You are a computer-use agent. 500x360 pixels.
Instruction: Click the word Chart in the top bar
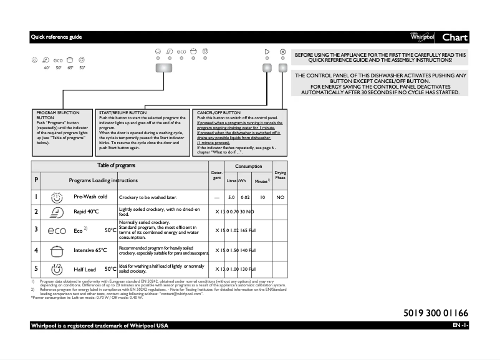[454, 37]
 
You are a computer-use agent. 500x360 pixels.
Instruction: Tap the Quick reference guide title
[56, 37]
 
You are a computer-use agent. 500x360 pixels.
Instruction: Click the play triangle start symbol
[267, 52]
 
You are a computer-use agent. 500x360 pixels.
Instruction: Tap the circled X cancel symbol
[283, 52]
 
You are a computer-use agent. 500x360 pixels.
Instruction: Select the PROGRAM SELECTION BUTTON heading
[50, 115]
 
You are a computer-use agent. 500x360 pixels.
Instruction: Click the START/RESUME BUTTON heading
[118, 113]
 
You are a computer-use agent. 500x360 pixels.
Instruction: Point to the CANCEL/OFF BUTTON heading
[219, 113]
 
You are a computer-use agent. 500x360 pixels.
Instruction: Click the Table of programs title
[116, 165]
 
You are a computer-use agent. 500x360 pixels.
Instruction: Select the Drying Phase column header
[280, 175]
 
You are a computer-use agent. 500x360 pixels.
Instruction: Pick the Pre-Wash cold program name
[90, 197]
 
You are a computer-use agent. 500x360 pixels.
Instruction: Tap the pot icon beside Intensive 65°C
[57, 251]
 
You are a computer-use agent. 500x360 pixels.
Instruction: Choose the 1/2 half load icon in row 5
[57, 270]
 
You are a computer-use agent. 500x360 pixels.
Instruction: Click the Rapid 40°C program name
[86, 212]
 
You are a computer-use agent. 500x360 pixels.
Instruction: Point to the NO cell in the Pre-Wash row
[280, 197]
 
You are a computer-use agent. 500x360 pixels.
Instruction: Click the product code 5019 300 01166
[431, 313]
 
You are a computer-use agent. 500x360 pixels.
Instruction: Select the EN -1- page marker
[460, 326]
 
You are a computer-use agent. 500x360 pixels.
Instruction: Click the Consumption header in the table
[248, 167]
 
